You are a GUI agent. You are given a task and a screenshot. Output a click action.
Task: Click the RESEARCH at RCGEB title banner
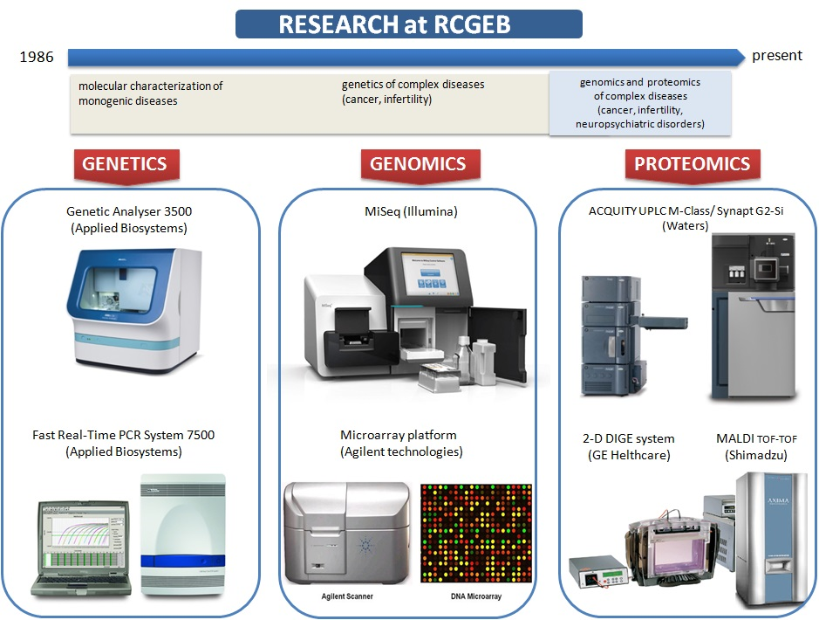408,24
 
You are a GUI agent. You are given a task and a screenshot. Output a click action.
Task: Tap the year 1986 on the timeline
37,58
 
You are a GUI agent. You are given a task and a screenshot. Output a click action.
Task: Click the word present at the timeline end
776,56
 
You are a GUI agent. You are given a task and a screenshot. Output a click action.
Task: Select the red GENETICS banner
124,163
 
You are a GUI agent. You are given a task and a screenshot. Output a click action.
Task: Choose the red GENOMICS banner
418,163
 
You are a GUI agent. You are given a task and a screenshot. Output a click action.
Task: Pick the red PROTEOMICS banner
692,163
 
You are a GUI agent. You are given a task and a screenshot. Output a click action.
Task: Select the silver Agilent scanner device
346,532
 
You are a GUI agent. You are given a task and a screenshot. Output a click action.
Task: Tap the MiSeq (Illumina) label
410,211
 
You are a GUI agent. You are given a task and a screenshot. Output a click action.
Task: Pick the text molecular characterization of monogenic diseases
151,93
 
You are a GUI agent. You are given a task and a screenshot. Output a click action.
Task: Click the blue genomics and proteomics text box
639,103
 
